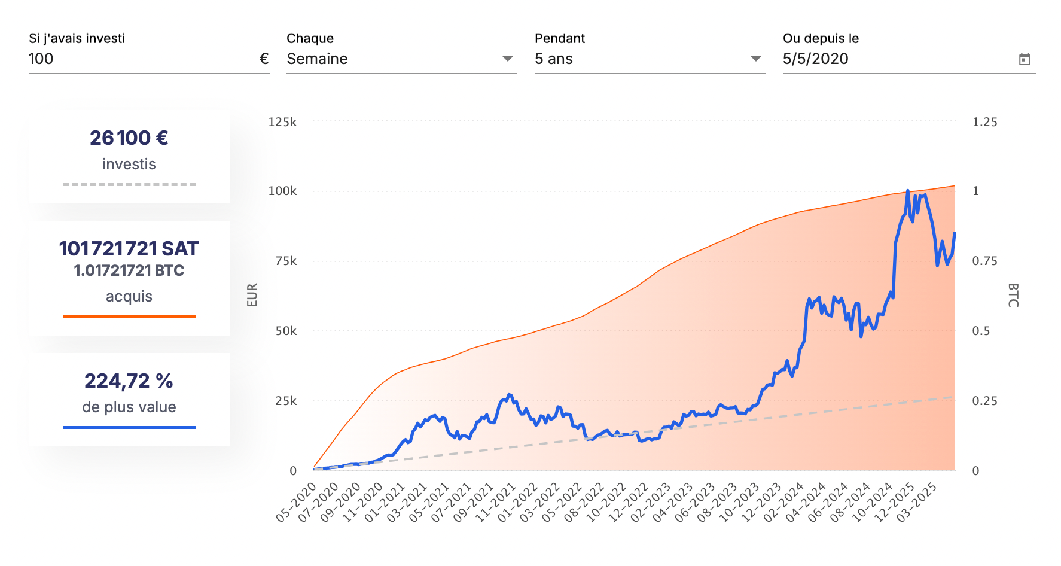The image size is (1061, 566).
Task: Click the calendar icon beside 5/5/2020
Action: [x=1025, y=59]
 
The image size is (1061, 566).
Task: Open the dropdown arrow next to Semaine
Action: [x=508, y=59]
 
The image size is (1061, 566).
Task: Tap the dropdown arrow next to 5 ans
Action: [x=756, y=59]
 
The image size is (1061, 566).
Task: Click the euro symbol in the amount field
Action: [x=264, y=59]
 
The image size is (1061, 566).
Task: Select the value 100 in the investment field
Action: [x=41, y=59]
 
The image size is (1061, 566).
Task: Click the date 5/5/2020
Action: [x=815, y=59]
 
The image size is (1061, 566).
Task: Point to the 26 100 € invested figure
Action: [x=129, y=138]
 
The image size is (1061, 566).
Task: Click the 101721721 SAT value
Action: [x=129, y=248]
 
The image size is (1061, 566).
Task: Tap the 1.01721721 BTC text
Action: [x=129, y=270]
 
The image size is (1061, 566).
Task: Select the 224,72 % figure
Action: [x=129, y=381]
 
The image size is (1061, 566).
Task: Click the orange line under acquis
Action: [x=129, y=317]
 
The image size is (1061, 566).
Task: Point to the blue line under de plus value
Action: [x=129, y=427]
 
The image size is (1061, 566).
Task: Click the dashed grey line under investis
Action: [x=129, y=184]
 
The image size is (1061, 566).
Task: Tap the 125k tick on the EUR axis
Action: [x=282, y=122]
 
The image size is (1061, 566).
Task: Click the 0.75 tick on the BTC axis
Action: [x=984, y=261]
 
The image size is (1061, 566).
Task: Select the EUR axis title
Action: [x=252, y=295]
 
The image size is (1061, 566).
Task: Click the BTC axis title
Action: [x=1013, y=295]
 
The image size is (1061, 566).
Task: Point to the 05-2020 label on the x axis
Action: [x=297, y=503]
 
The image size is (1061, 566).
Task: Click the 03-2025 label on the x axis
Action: [x=917, y=503]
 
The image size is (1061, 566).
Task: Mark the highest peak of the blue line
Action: [x=908, y=191]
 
